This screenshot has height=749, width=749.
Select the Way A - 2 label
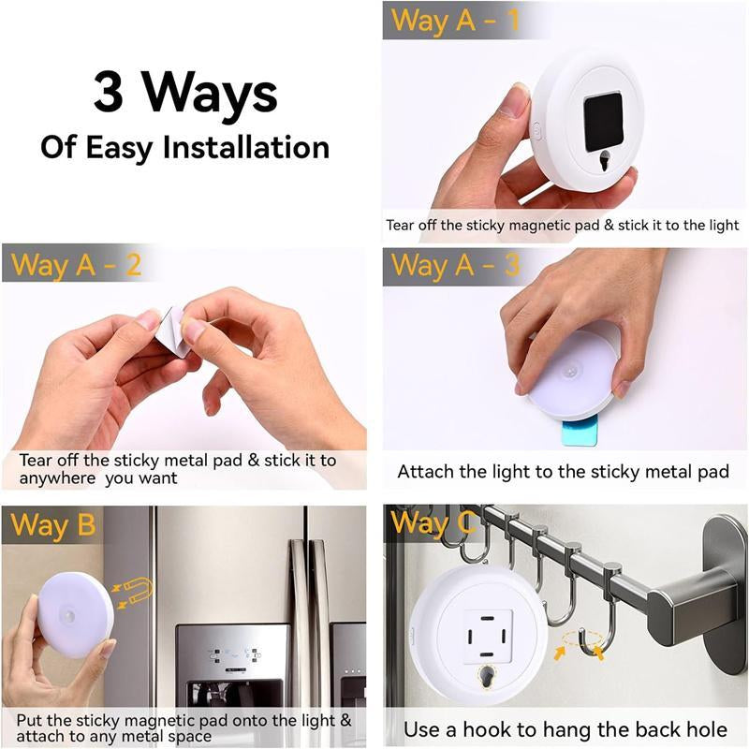point(76,265)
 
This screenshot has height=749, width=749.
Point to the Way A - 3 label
point(455,265)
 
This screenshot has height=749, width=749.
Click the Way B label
point(52,525)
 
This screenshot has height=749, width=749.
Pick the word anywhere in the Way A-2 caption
point(58,478)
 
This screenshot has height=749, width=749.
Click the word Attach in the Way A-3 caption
point(426,471)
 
